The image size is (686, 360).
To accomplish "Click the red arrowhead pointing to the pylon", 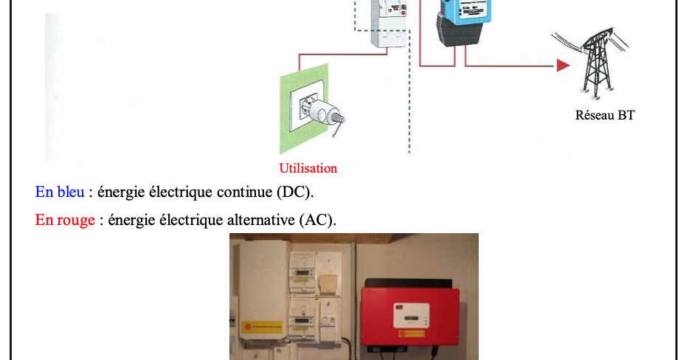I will [562, 66].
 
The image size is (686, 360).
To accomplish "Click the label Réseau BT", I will [604, 115].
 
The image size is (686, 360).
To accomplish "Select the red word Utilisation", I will [308, 168].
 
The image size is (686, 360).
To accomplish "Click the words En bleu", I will [60, 192].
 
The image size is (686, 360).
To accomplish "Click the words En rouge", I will [65, 220].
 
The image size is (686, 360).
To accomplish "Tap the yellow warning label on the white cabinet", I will [263, 325].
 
